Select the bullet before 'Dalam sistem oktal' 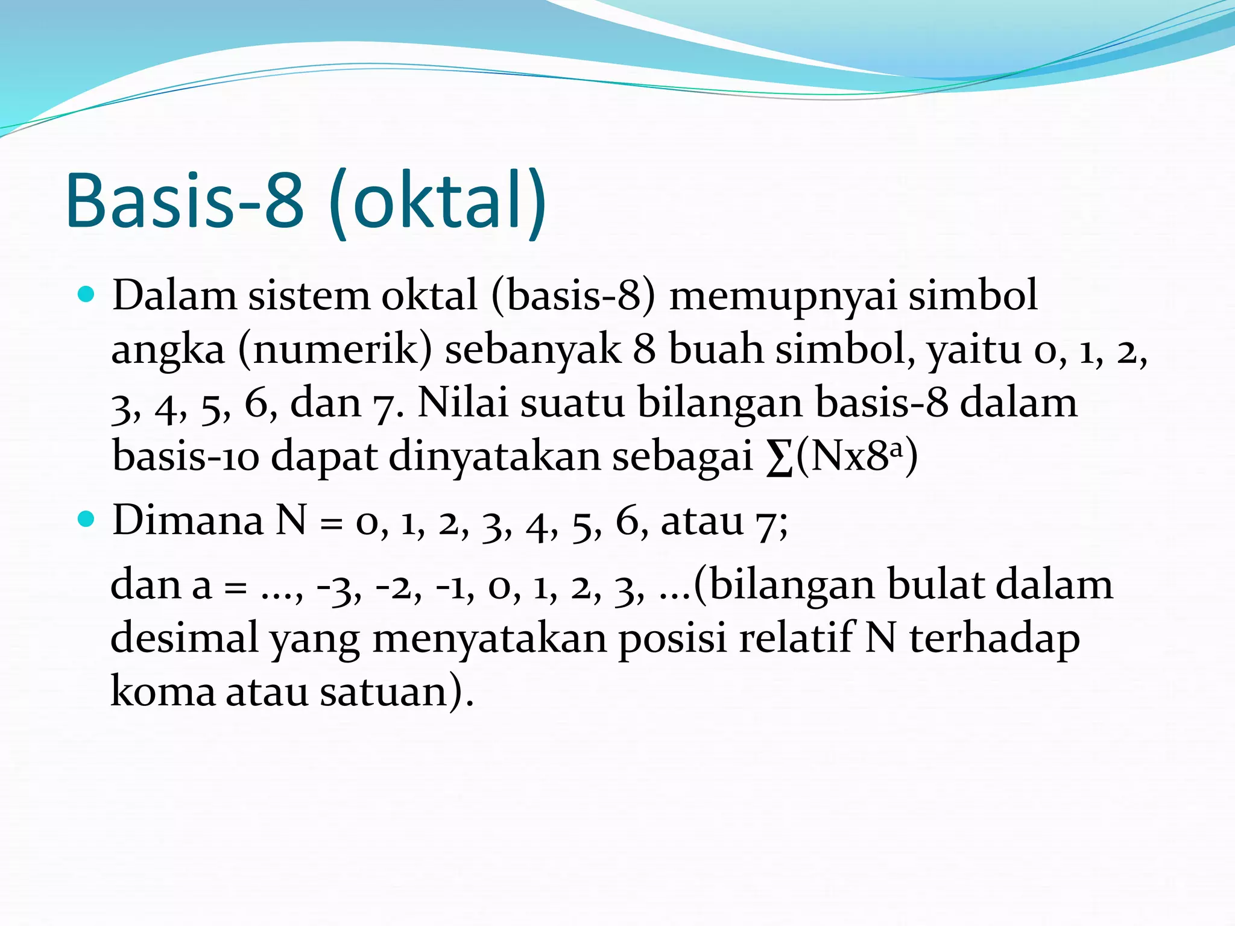87,295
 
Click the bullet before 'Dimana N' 87,519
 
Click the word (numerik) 335,350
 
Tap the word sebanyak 532,350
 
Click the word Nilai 463,403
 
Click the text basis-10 186,456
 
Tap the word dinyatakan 494,456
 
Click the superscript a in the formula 897,447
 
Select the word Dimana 188,520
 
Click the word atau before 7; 702,520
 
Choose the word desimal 184,638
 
